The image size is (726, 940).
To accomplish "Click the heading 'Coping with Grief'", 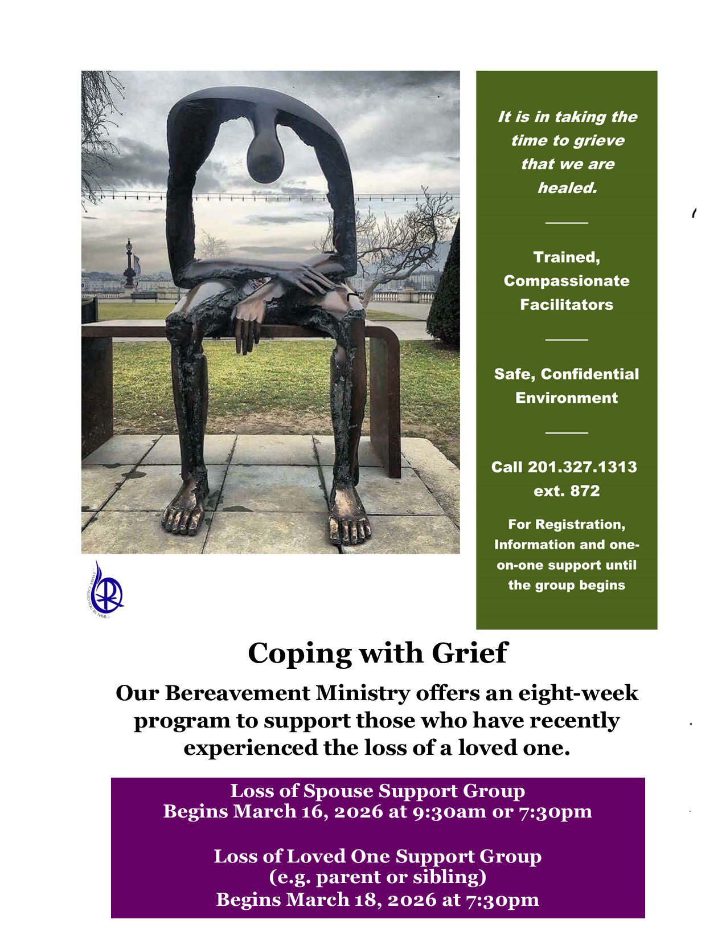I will point(377,653).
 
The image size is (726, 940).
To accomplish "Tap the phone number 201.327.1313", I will point(582,467).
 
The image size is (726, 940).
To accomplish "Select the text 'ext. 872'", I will point(567,491).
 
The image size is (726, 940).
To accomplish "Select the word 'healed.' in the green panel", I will point(567,188).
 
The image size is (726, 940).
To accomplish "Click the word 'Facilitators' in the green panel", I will point(567,305).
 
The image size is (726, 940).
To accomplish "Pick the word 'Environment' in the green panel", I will point(567,398).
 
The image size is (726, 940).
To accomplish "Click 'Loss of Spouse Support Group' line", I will point(377,791).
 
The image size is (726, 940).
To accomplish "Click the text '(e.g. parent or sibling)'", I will point(377,877).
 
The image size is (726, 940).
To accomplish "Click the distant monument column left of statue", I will point(130,264).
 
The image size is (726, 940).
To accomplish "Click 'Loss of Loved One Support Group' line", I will point(377,856).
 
